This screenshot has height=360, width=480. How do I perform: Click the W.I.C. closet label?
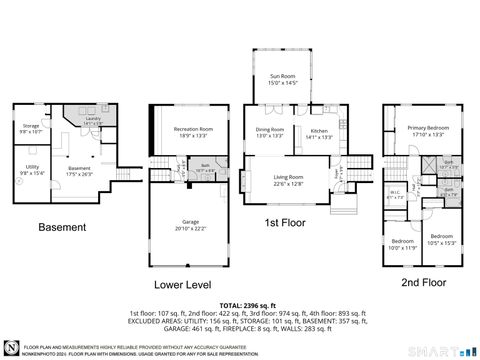point(395,195)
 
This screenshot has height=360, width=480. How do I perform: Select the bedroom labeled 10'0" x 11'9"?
point(403,243)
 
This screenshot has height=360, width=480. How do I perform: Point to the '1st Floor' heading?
point(285,222)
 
